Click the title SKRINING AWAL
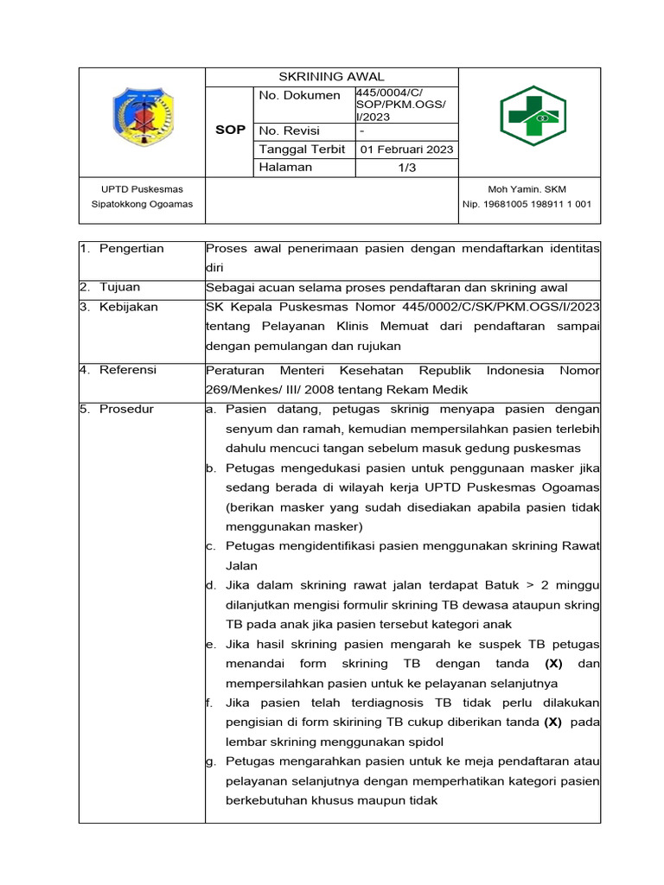331,77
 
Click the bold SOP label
230,130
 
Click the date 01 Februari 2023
407,149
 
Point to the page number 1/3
407,168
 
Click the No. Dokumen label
299,95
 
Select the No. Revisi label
289,131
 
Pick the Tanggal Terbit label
302,149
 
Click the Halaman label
285,167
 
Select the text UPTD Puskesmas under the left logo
142,188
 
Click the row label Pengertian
131,249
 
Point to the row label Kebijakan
129,307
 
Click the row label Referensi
128,370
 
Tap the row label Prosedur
126,408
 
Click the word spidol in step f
424,742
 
